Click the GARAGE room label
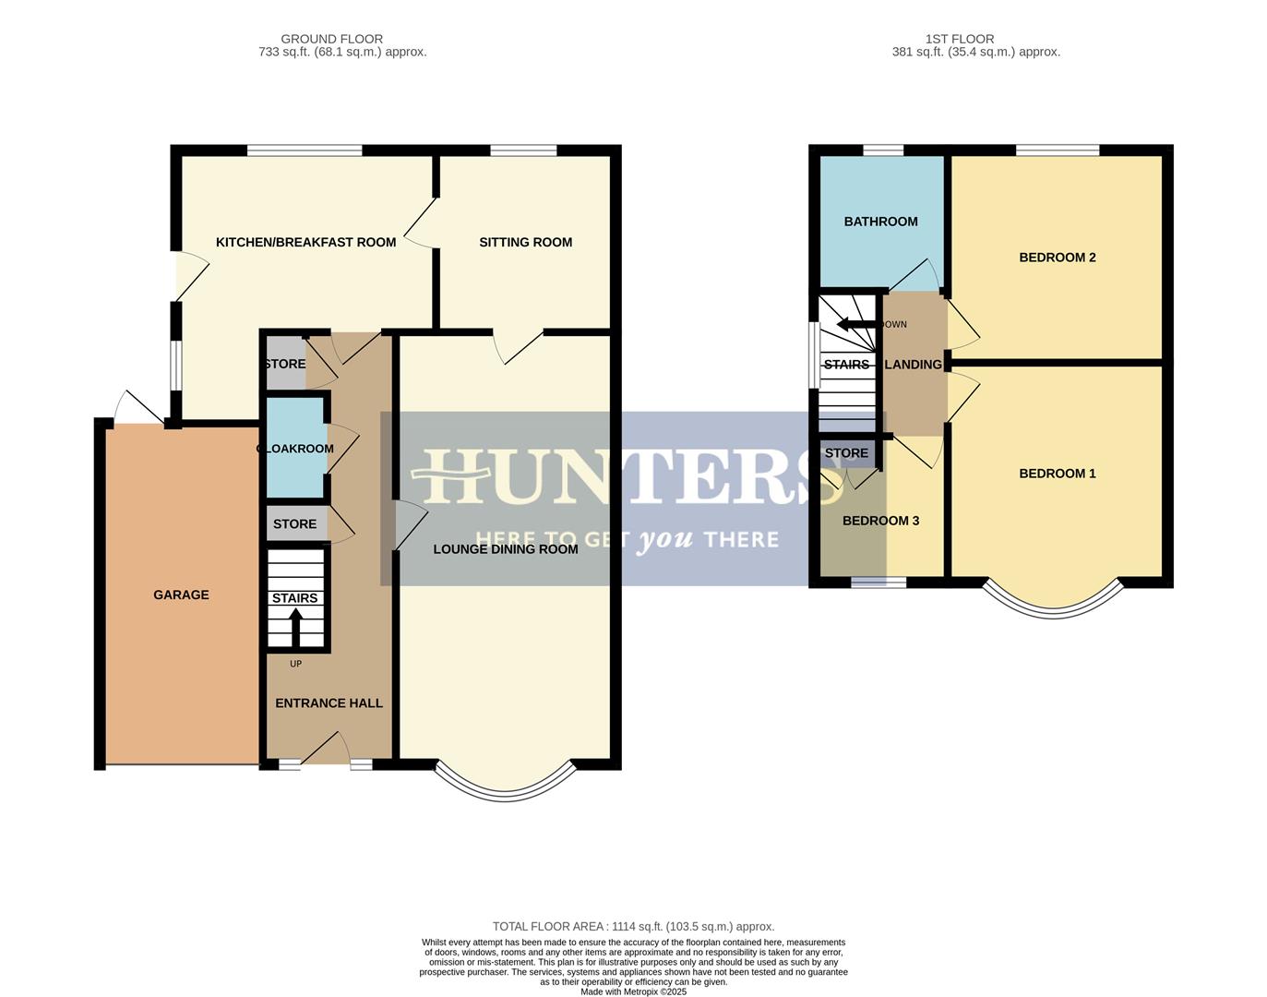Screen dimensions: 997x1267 click(x=181, y=595)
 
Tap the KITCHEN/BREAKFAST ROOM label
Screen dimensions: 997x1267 click(x=305, y=243)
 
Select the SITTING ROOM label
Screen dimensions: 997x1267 click(x=525, y=243)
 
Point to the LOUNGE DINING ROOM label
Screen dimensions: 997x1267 click(x=506, y=549)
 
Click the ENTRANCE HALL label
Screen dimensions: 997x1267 click(x=329, y=703)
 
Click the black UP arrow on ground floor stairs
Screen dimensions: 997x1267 click(x=295, y=630)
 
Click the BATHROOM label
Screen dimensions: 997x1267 click(x=880, y=222)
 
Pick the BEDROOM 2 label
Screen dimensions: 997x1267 click(x=1057, y=258)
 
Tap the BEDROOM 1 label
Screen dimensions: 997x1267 click(x=1057, y=474)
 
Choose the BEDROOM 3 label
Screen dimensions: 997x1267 click(x=880, y=521)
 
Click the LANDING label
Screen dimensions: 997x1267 click(x=913, y=365)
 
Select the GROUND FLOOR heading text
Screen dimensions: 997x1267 click(x=331, y=39)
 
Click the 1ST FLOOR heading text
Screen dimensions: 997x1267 click(x=959, y=39)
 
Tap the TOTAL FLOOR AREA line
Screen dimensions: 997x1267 click(x=633, y=926)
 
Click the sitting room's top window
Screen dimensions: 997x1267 click(x=523, y=150)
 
